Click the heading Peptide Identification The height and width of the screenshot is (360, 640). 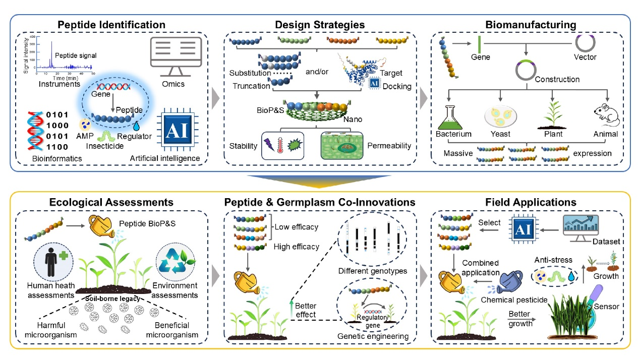click(111, 24)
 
